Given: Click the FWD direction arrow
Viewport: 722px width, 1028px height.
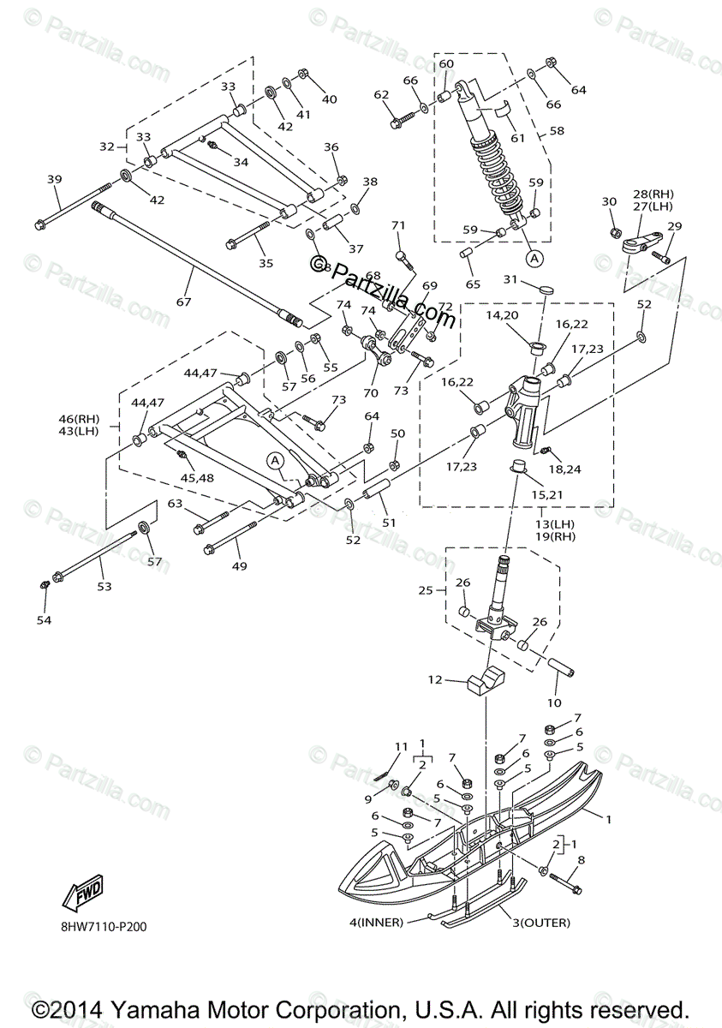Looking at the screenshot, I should (x=82, y=894).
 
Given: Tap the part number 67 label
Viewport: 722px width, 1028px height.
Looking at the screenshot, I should (x=183, y=302).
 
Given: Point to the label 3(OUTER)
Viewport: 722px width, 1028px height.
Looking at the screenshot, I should (x=541, y=923).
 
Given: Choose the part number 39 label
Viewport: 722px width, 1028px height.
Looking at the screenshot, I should (x=55, y=179).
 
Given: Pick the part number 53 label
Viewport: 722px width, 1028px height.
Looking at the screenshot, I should (x=104, y=587).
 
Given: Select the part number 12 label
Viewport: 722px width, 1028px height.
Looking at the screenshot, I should (x=435, y=680).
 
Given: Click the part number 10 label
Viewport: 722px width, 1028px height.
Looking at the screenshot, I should (x=554, y=702).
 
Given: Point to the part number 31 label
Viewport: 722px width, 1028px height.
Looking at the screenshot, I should (x=510, y=279).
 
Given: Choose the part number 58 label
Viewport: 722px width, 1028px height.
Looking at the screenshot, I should (x=557, y=131).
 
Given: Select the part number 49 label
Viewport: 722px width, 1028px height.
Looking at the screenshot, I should (x=238, y=566).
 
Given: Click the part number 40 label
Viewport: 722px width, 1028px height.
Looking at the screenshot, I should (x=329, y=99).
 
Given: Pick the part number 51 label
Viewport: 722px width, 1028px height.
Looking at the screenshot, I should (x=390, y=523).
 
